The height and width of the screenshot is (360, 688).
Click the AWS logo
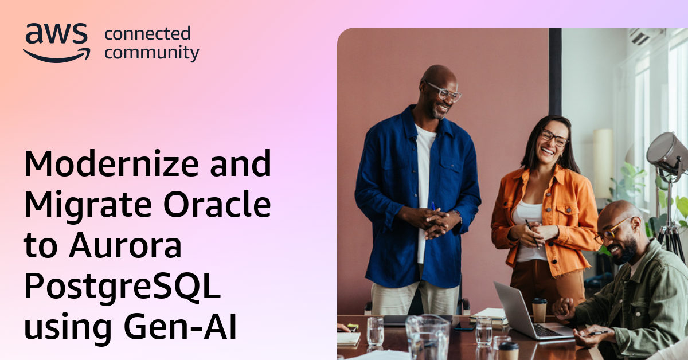tap(57, 42)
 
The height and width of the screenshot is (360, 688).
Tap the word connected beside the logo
tap(147, 33)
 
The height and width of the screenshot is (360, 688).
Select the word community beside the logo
tap(152, 53)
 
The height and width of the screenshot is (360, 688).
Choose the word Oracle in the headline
tap(217, 204)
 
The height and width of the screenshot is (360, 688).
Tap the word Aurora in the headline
tap(126, 246)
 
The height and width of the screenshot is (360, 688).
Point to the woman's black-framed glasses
tap(555, 138)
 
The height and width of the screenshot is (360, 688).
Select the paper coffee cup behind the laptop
tap(540, 310)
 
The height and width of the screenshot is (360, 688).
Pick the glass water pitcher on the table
tap(428, 337)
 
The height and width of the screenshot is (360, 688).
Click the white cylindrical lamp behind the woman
tap(603, 163)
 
